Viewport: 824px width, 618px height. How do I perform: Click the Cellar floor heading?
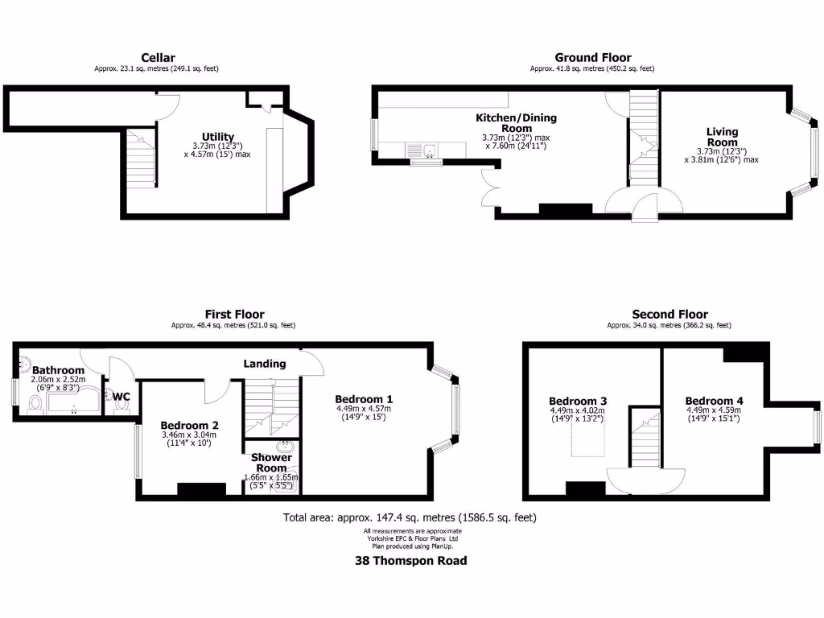[x=158, y=57]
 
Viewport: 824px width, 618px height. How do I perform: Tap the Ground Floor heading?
[x=593, y=57]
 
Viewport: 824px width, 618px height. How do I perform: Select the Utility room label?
[x=218, y=137]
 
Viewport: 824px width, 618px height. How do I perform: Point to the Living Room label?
[x=722, y=137]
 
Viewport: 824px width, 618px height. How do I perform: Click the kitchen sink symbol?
[x=428, y=150]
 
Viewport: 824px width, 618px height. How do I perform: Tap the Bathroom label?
[x=57, y=370]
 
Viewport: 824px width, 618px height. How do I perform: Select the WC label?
[x=122, y=397]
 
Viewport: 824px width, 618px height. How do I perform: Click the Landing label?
[x=265, y=364]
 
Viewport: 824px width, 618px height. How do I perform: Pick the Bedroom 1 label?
[x=364, y=399]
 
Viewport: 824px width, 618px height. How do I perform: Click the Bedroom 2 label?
[x=189, y=425]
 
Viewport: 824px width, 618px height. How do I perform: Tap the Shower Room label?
[x=271, y=463]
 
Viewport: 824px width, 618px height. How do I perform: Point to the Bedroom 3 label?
[x=578, y=401]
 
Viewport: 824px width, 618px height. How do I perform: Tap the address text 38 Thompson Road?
[x=411, y=561]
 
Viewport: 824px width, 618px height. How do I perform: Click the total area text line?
[x=410, y=517]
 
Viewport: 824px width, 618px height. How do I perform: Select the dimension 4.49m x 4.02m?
[x=578, y=410]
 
